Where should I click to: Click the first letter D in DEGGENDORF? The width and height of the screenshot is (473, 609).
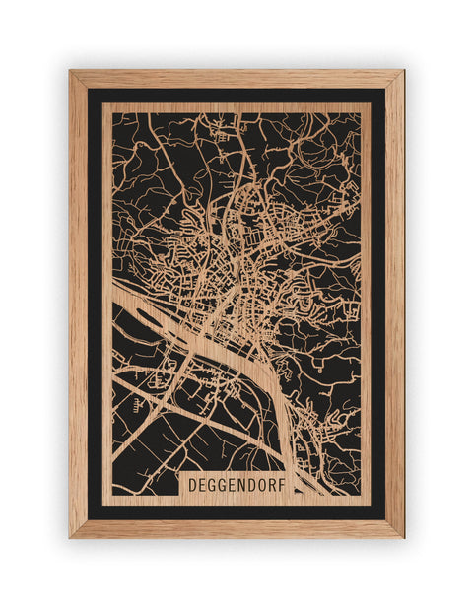pos(192,486)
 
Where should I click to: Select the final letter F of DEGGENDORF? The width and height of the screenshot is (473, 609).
pos(282,486)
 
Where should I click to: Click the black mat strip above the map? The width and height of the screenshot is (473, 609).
pos(236,96)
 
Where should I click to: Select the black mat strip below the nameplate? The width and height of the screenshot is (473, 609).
pos(236,512)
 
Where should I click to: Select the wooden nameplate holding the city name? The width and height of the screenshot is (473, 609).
pos(236,486)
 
